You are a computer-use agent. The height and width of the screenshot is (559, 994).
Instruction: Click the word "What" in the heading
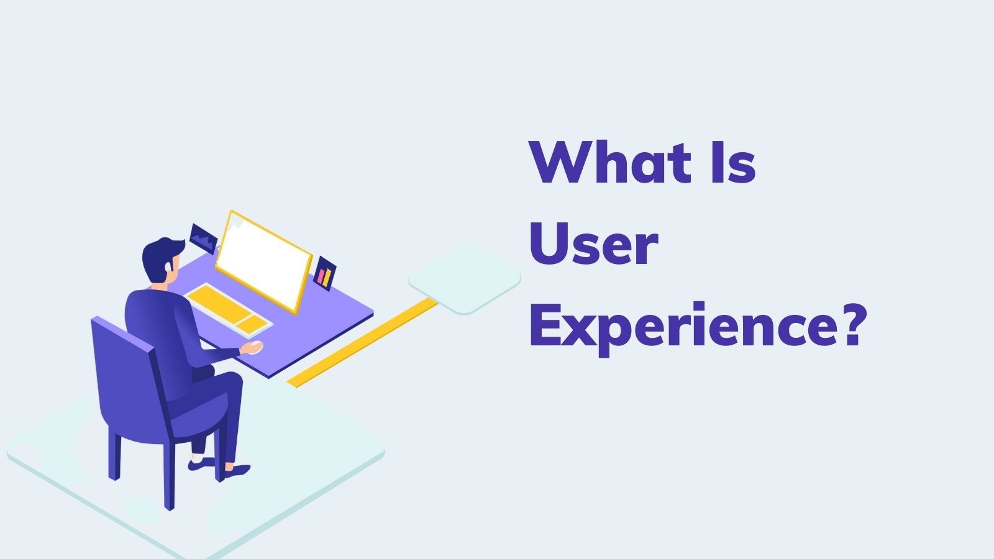(x=610, y=161)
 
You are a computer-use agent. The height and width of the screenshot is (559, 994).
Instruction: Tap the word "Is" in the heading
(x=733, y=161)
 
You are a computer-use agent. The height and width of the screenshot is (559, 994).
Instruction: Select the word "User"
(x=593, y=243)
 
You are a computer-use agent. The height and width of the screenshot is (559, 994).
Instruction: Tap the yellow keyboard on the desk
(x=229, y=310)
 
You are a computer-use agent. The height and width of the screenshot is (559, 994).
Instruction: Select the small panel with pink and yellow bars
(x=325, y=274)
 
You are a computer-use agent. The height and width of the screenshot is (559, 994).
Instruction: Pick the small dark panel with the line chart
(x=203, y=239)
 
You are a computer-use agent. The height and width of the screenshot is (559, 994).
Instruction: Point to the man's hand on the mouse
(x=252, y=347)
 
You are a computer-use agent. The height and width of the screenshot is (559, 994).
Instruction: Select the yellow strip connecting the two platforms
(x=362, y=342)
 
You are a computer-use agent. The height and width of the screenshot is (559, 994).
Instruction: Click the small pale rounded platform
(x=465, y=279)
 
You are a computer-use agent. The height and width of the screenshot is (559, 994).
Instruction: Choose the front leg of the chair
(x=169, y=475)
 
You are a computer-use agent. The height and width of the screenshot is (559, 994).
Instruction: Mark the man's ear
(x=168, y=266)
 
